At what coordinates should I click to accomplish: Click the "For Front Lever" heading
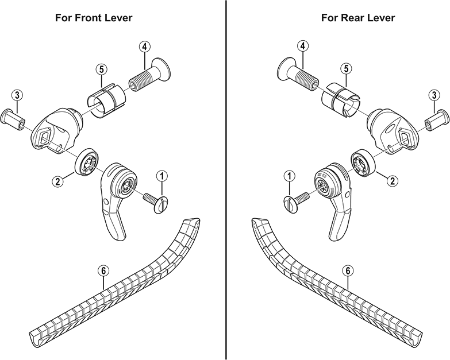(94, 18)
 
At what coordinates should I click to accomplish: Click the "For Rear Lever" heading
(357, 18)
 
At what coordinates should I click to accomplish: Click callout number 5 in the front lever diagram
(101, 69)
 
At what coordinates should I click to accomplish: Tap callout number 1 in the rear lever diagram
(290, 176)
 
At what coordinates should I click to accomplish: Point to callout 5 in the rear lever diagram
(346, 68)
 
